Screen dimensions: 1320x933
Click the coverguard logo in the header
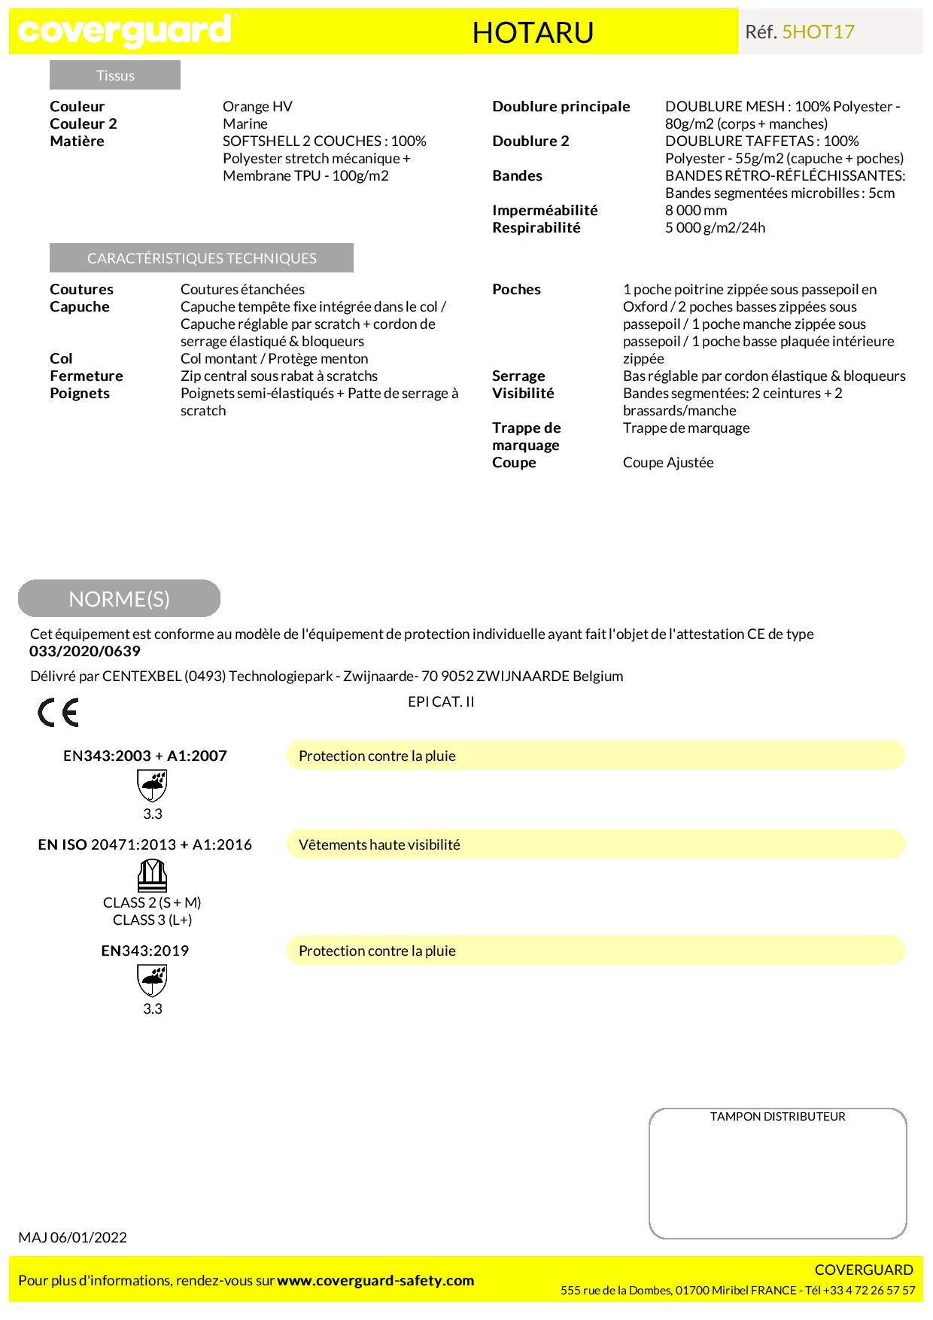[125, 31]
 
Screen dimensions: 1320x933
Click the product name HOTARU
[533, 32]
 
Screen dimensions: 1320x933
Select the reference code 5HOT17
[818, 32]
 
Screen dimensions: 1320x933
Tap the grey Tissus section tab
[115, 75]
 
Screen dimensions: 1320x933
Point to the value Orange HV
[257, 106]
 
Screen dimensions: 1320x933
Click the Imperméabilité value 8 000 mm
[696, 210]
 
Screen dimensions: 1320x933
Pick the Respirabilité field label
[536, 227]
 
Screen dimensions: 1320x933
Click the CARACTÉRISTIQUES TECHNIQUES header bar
[202, 258]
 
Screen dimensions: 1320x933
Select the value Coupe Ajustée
[668, 462]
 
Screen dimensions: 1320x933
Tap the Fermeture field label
[86, 376]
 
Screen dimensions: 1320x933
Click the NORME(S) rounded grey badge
[119, 598]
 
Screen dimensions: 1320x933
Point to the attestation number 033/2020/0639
[85, 651]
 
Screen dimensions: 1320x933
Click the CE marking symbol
[58, 712]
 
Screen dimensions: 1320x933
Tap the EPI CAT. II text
[441, 701]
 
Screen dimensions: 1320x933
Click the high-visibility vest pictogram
[152, 875]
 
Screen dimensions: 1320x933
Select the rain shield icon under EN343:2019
[152, 981]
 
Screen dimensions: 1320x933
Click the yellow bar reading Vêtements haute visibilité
[595, 844]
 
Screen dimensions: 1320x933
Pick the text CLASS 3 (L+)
[152, 920]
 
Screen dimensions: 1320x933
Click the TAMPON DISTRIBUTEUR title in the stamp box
[777, 1116]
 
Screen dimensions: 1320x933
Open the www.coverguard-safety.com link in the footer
[375, 1280]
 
